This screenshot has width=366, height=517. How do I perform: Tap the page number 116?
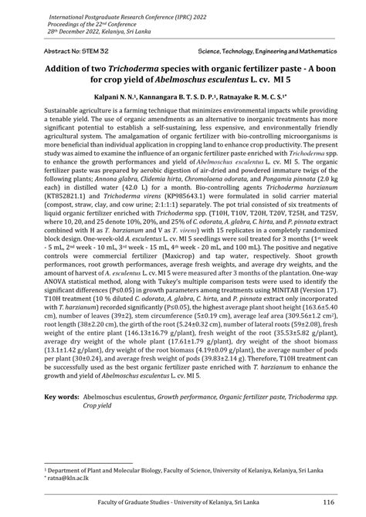pyautogui.click(x=328, y=502)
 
